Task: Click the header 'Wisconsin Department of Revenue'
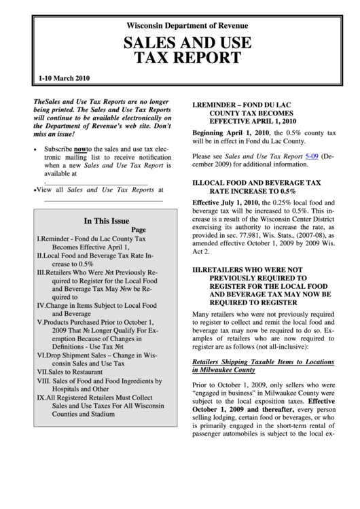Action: pos(187,26)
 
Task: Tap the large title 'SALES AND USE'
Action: pos(187,43)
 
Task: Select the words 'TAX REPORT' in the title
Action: pos(187,59)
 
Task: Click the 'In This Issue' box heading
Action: pos(106,221)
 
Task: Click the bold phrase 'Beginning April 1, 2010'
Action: pos(232,132)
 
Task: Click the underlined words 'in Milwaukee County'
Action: pos(223,370)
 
